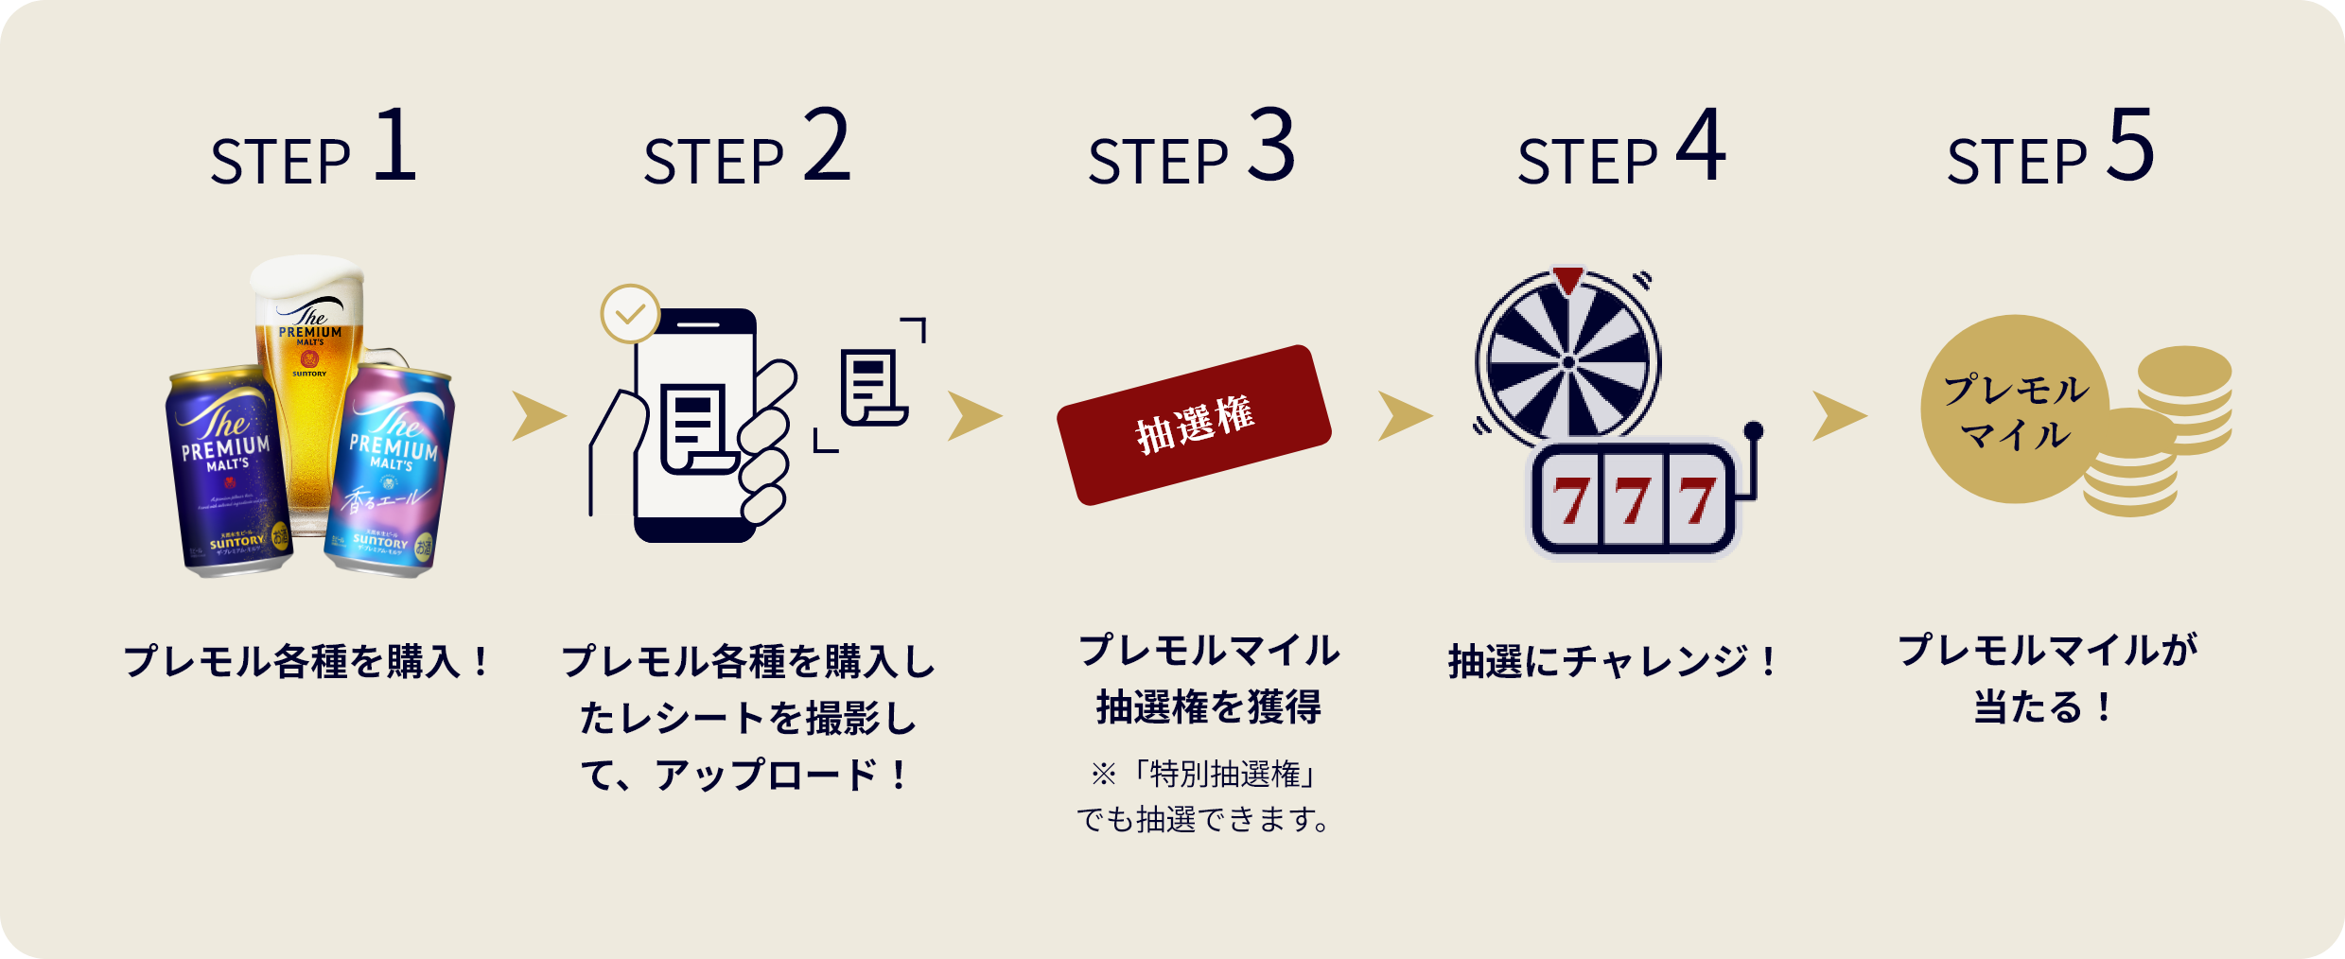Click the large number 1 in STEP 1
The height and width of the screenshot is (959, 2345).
395,147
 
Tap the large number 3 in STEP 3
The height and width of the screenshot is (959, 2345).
1270,147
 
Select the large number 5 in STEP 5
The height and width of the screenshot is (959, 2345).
2131,147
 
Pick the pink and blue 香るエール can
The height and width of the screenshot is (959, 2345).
390,473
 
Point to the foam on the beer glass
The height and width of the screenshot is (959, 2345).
306,279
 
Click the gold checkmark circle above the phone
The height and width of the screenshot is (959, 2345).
630,313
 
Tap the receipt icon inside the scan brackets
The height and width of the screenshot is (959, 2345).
872,388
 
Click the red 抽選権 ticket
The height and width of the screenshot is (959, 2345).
1194,425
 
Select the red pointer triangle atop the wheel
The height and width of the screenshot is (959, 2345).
1567,280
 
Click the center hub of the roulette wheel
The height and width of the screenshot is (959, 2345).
1567,362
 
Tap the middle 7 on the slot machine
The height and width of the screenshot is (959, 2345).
1634,501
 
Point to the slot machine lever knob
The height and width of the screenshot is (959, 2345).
1753,431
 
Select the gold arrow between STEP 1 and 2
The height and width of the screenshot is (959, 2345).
538,416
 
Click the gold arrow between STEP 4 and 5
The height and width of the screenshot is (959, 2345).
1838,416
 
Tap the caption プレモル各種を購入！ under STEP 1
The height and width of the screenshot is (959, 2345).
307,661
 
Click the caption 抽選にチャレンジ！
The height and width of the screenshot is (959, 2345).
1614,661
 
